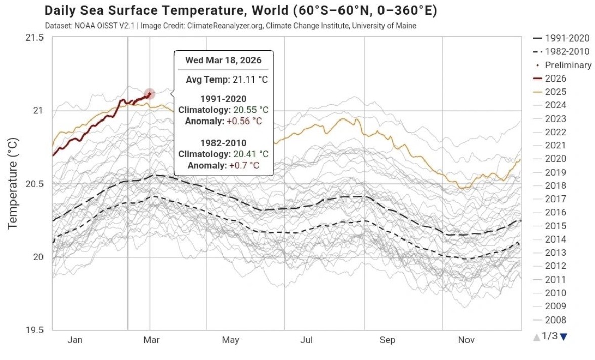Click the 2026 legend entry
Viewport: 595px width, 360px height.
pos(556,78)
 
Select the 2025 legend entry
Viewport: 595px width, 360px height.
pos(556,92)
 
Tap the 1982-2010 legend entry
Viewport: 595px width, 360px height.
pos(567,52)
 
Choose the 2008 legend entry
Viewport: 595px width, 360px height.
pos(556,319)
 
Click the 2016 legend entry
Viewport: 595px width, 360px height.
pos(556,212)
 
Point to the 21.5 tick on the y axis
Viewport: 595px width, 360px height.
pos(34,38)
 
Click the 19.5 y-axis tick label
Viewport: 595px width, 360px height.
pos(34,330)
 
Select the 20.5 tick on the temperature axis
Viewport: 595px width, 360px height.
pos(34,184)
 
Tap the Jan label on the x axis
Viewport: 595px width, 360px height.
pos(75,340)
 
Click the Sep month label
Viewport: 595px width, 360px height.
pos(387,340)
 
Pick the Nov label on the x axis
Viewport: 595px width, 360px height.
pos(466,340)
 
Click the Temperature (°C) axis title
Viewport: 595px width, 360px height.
pos(13,183)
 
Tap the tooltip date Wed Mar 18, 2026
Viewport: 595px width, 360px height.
pos(223,60)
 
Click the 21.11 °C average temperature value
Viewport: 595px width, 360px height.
pos(248,79)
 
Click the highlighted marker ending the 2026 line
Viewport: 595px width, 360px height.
pos(149,94)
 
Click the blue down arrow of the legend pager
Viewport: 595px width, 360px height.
pos(564,336)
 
